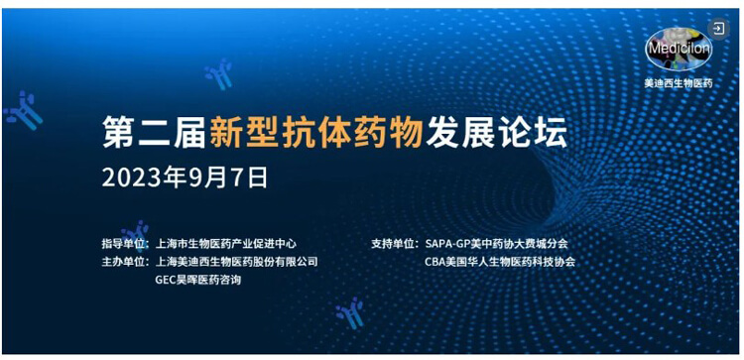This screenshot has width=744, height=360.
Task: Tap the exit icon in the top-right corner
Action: [x=718, y=29]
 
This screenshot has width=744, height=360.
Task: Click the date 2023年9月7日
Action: [x=186, y=178]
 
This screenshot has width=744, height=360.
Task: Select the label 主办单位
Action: [x=124, y=262]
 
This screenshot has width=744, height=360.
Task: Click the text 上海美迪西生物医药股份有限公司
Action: [x=237, y=262]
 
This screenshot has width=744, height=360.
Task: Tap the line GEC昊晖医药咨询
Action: [x=198, y=280]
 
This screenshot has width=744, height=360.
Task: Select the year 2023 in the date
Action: [x=134, y=178]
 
